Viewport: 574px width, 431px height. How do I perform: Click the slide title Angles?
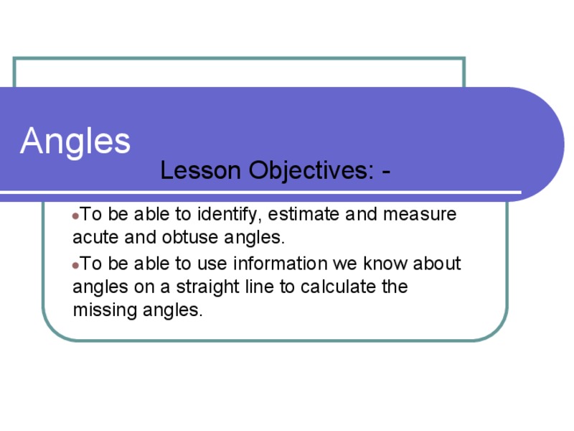click(75, 141)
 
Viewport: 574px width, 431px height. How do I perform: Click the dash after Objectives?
click(387, 171)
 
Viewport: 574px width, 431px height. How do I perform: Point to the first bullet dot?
click(75, 215)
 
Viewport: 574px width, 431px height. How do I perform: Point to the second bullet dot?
click(75, 265)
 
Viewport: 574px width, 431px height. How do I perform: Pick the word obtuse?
click(188, 237)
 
